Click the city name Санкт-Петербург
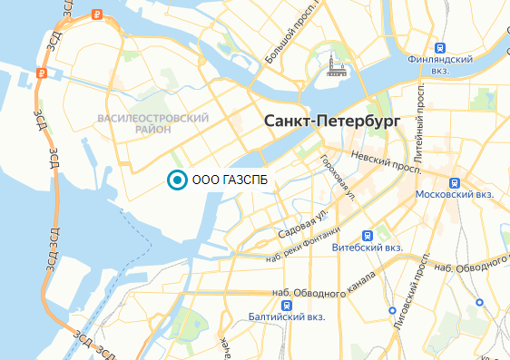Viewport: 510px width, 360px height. coord(330,121)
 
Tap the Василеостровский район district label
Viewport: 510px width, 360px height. coord(152,124)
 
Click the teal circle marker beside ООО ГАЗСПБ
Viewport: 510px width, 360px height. coord(177,180)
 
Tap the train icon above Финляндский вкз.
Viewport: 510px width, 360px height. coord(439,47)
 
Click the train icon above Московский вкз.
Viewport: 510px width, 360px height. coord(454,180)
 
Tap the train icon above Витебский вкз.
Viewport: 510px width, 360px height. coord(366,232)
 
